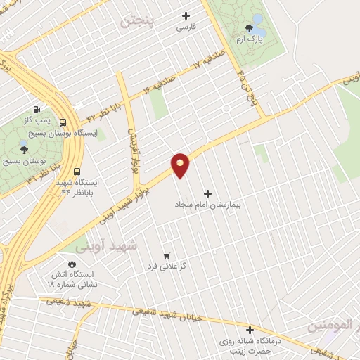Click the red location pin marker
click(180, 165)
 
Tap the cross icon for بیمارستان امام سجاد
click(207, 193)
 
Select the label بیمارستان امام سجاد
click(207, 205)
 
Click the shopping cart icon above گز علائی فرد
click(166, 256)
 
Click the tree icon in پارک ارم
click(249, 28)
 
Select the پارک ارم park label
click(249, 39)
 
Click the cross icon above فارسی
click(186, 15)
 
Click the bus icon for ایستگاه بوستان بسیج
click(63, 122)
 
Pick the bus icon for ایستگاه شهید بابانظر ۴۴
click(77, 171)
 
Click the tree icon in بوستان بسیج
click(25, 149)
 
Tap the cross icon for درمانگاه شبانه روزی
click(249, 329)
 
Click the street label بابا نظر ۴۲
click(99, 112)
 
